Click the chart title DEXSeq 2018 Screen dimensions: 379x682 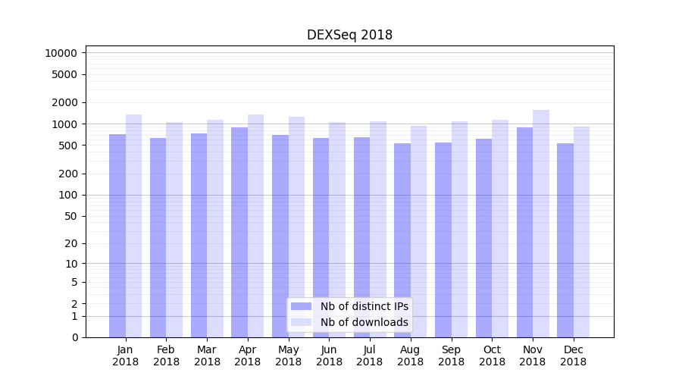click(x=349, y=35)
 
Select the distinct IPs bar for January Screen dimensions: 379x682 click(x=117, y=235)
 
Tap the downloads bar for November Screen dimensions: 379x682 click(x=541, y=224)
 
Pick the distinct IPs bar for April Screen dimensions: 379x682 click(x=239, y=232)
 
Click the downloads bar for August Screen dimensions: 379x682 click(x=419, y=231)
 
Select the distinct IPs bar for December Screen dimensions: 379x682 click(x=565, y=240)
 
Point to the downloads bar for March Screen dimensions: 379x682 click(x=215, y=228)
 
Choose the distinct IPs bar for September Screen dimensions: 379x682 click(x=443, y=240)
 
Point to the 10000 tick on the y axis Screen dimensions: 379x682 click(x=61, y=53)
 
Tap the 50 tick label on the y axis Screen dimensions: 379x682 click(x=70, y=216)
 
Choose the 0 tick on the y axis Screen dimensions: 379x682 click(x=74, y=337)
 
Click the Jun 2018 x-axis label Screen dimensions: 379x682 click(x=329, y=356)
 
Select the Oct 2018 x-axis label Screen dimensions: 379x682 click(x=492, y=356)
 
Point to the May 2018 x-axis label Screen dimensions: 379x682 click(x=288, y=356)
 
